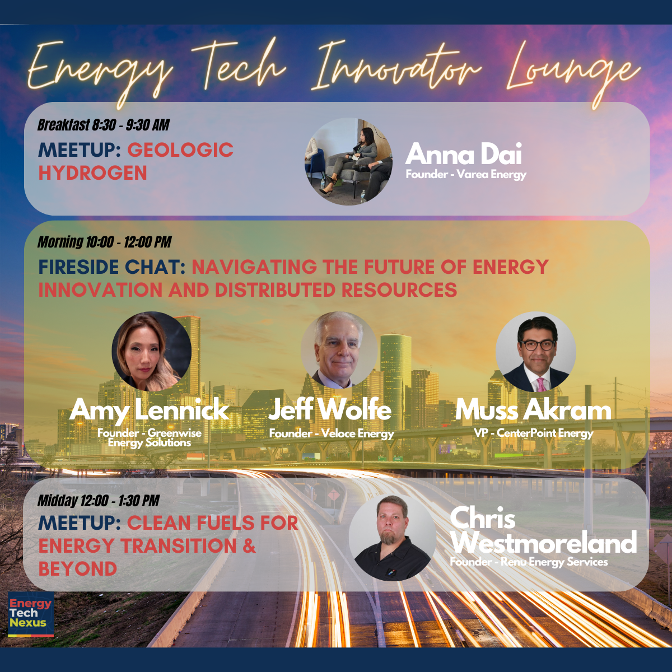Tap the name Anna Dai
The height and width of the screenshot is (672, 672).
coord(464,153)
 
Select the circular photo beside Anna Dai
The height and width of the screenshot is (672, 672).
coord(348,161)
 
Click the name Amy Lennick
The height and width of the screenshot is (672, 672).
coord(150,411)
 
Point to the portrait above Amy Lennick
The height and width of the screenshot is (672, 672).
coord(152,351)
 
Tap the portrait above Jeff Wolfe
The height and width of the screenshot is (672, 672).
coord(339,350)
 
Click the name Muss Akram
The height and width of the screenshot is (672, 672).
coord(533,410)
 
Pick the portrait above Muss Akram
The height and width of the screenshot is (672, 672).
coord(536,352)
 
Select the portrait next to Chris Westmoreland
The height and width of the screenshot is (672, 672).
coord(393,538)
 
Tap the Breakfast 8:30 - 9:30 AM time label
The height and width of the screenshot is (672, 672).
coord(103,125)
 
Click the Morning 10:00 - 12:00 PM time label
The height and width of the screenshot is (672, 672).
coord(104,242)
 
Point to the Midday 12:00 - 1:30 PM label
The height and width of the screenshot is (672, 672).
coord(99,501)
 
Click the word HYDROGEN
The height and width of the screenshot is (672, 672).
coord(93,173)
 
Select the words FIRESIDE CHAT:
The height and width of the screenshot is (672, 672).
coord(111,267)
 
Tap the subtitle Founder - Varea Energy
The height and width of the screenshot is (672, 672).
coord(466,174)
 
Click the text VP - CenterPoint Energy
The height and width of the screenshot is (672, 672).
coord(534,433)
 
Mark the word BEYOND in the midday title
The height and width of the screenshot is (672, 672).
coord(77,569)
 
